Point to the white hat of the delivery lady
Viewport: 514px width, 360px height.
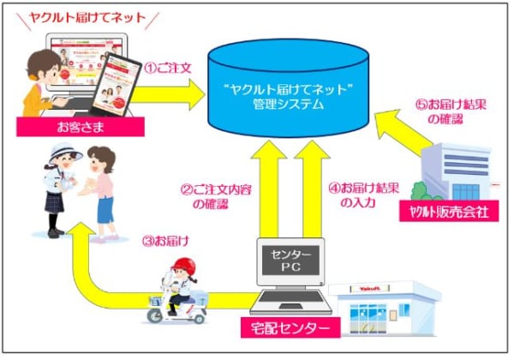(67, 152)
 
